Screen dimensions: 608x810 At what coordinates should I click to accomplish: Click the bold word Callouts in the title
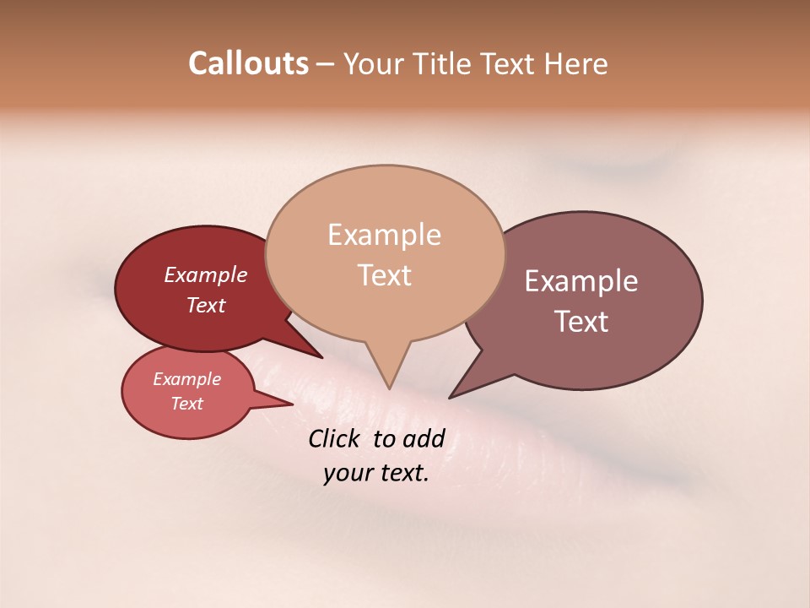coord(248,63)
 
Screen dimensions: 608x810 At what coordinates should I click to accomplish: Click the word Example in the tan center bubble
coord(384,235)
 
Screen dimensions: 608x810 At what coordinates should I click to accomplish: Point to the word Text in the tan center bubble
coord(384,275)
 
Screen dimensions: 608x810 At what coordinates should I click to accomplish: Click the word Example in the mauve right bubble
coord(581,281)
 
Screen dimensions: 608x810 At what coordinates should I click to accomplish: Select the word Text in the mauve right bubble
coord(581,322)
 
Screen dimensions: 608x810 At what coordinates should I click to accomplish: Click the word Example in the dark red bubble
coord(206,274)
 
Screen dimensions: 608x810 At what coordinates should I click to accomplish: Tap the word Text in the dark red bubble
coord(206,305)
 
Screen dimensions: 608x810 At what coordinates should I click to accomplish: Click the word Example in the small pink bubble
coord(187,379)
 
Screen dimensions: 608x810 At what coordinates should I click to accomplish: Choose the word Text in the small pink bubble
coord(187,404)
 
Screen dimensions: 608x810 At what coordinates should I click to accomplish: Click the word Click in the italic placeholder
coord(335,438)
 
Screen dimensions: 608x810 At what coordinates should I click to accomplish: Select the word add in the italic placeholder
coord(424,438)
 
